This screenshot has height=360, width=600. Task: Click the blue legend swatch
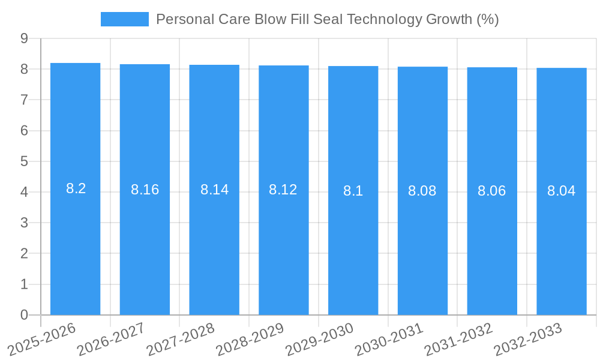click(x=124, y=19)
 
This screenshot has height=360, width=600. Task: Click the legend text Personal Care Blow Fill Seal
click(x=327, y=19)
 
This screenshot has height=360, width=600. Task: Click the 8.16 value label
click(x=145, y=190)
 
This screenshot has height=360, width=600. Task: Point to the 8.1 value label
click(x=353, y=191)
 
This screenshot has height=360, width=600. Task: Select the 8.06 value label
click(x=492, y=191)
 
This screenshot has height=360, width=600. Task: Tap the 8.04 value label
click(x=562, y=191)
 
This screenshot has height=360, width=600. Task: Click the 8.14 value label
click(x=214, y=190)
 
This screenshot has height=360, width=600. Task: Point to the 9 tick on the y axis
click(x=25, y=38)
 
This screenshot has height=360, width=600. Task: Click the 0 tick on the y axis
click(x=25, y=315)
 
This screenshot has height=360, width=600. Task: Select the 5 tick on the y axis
click(x=25, y=161)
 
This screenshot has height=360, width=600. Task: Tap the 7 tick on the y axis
click(x=25, y=100)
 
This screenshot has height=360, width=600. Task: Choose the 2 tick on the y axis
click(x=25, y=254)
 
